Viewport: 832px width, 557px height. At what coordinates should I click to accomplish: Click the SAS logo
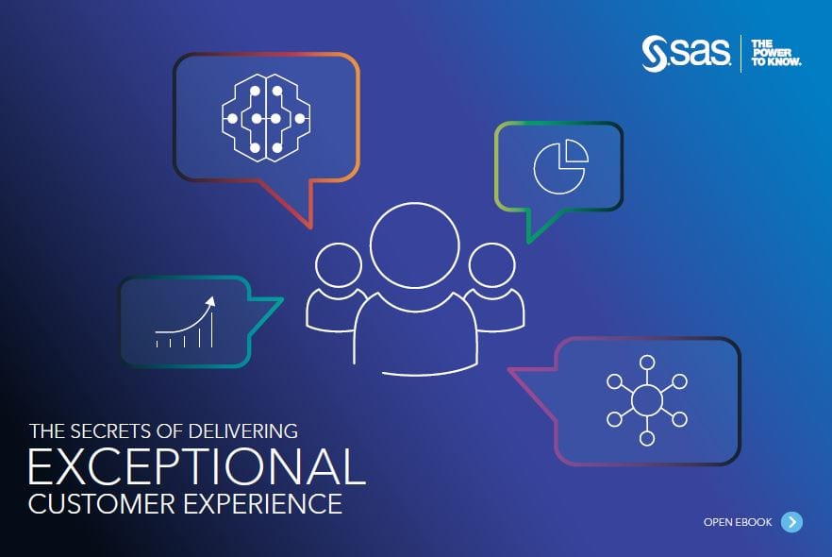pyautogui.click(x=686, y=53)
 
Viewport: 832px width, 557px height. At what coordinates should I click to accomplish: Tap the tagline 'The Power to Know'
pyautogui.click(x=775, y=53)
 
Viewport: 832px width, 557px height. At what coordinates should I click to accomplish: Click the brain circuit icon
pyautogui.click(x=266, y=117)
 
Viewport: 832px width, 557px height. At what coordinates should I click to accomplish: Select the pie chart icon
pyautogui.click(x=561, y=166)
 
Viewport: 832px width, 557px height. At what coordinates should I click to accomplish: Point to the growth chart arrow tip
pyautogui.click(x=213, y=298)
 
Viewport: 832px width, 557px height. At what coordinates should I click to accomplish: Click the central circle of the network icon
pyautogui.click(x=647, y=400)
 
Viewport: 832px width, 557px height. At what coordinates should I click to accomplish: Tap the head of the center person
pyautogui.click(x=414, y=245)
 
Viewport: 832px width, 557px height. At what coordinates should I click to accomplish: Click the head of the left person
pyautogui.click(x=338, y=265)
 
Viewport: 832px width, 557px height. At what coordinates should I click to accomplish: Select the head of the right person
pyautogui.click(x=491, y=265)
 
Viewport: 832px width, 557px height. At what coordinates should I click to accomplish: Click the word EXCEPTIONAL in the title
pyautogui.click(x=197, y=466)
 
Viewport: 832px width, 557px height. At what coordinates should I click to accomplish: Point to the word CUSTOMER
pyautogui.click(x=102, y=504)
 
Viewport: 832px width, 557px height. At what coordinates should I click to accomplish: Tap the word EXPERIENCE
pyautogui.click(x=262, y=504)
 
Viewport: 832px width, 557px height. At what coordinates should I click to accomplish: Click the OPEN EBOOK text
pyautogui.click(x=738, y=522)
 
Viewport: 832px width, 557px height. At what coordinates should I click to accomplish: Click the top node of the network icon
pyautogui.click(x=647, y=363)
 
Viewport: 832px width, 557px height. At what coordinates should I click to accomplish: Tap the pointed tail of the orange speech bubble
pyautogui.click(x=308, y=228)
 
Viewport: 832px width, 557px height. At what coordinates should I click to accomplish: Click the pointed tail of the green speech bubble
pyautogui.click(x=528, y=242)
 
